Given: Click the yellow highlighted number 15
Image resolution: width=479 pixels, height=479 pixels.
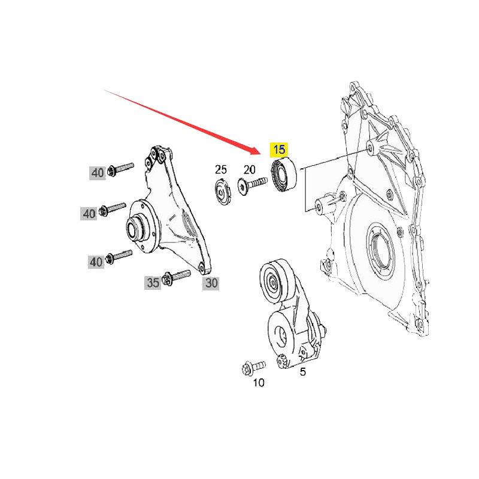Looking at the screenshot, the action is pyautogui.click(x=279, y=150).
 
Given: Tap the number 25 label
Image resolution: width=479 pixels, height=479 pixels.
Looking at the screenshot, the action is pyautogui.click(x=221, y=169).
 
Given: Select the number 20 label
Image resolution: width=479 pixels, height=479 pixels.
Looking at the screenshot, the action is pyautogui.click(x=249, y=169).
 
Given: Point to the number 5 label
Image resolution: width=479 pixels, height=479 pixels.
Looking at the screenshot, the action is pyautogui.click(x=302, y=372).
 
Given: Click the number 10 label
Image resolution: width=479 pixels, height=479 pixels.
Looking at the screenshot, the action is pyautogui.click(x=259, y=383).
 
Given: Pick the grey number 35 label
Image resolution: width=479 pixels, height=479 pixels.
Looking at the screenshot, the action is pyautogui.click(x=153, y=283).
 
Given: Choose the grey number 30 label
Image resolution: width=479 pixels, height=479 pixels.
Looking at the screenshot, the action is pyautogui.click(x=211, y=283).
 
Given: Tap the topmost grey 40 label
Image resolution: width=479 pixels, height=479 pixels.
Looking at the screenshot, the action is pyautogui.click(x=98, y=173).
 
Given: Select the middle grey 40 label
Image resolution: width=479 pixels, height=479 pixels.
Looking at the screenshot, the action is pyautogui.click(x=89, y=213).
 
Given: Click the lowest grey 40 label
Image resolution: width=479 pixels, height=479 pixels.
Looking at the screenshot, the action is pyautogui.click(x=96, y=262).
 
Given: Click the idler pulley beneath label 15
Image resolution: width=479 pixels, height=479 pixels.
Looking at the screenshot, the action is pyautogui.click(x=284, y=175).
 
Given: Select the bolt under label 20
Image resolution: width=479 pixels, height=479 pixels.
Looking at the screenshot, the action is pyautogui.click(x=252, y=185).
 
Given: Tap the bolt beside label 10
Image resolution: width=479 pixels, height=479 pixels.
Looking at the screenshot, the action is pyautogui.click(x=253, y=367).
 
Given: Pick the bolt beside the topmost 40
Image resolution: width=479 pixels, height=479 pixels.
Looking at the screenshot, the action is pyautogui.click(x=120, y=169).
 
